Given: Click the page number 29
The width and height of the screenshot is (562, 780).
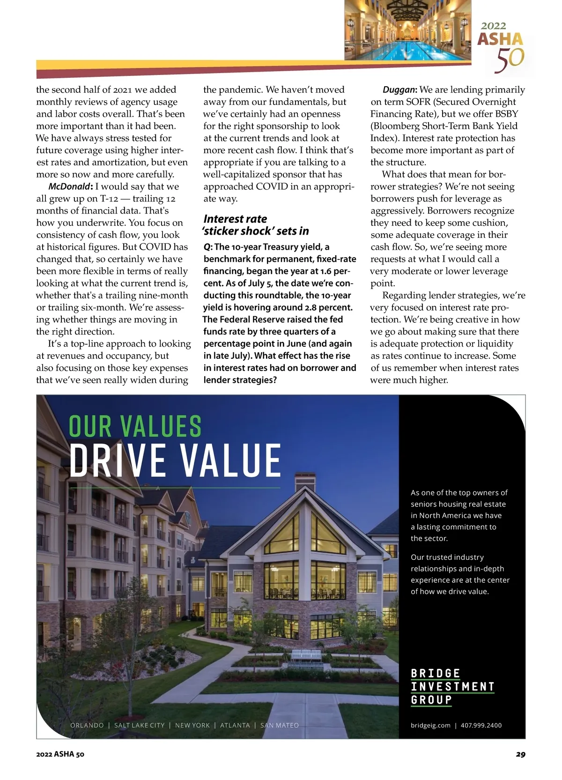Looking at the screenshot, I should (520, 754).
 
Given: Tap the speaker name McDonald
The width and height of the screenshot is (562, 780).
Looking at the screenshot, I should (69, 186).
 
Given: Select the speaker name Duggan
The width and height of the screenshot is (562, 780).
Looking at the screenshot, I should (399, 90).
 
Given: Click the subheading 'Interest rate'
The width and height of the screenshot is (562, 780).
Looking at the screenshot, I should (235, 219).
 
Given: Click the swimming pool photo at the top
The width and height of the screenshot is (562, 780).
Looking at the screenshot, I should (407, 30).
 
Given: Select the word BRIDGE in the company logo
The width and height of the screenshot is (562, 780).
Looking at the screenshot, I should (436, 674).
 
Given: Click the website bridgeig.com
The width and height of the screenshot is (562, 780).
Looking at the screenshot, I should (430, 725).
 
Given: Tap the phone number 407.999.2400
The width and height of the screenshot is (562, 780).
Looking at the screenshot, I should (481, 725).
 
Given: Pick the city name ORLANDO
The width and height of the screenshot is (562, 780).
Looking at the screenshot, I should (87, 725).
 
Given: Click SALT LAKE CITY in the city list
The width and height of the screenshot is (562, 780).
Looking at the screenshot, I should (140, 725).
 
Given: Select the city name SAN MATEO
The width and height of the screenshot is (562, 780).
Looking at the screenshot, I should (280, 725).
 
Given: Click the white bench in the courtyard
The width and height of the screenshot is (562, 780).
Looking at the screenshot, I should (306, 655).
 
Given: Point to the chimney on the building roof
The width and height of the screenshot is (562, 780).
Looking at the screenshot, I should (305, 483).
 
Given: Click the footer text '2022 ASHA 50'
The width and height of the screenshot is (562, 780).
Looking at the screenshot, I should (60, 754).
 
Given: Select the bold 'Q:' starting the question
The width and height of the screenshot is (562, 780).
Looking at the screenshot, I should (208, 247).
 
